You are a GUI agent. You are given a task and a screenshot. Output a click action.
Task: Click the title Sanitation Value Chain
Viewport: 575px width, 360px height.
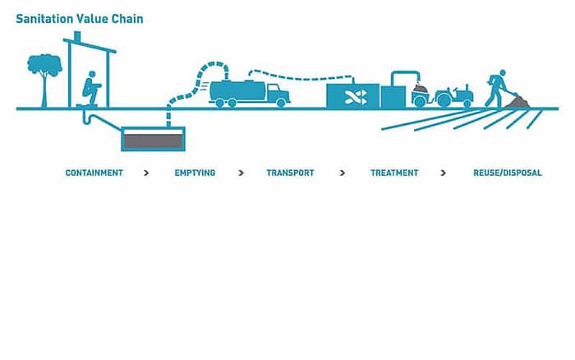click(80, 18)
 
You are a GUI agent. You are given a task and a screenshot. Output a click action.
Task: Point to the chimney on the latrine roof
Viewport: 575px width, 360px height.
click(77, 39)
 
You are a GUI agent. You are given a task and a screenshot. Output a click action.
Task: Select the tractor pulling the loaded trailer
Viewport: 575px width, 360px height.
click(454, 95)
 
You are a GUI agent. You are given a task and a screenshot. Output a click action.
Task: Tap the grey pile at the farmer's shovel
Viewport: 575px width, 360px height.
click(518, 103)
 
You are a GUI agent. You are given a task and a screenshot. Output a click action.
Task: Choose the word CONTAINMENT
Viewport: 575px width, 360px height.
click(94, 173)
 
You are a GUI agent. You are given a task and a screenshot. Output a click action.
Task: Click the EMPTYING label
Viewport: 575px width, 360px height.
click(195, 173)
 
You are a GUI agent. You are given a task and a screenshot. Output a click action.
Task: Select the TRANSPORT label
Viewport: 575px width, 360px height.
click(290, 173)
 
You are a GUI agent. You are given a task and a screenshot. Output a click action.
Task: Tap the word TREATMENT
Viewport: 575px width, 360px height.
click(394, 173)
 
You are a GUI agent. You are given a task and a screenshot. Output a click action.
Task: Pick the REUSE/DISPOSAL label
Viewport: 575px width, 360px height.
click(508, 173)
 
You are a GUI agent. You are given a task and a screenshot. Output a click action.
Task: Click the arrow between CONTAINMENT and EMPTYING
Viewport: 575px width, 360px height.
click(146, 173)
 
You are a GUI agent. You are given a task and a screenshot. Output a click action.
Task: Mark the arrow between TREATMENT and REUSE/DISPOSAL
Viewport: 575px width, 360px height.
click(444, 173)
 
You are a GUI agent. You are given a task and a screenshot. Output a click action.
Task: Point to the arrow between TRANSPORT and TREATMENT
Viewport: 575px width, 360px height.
click(343, 173)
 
